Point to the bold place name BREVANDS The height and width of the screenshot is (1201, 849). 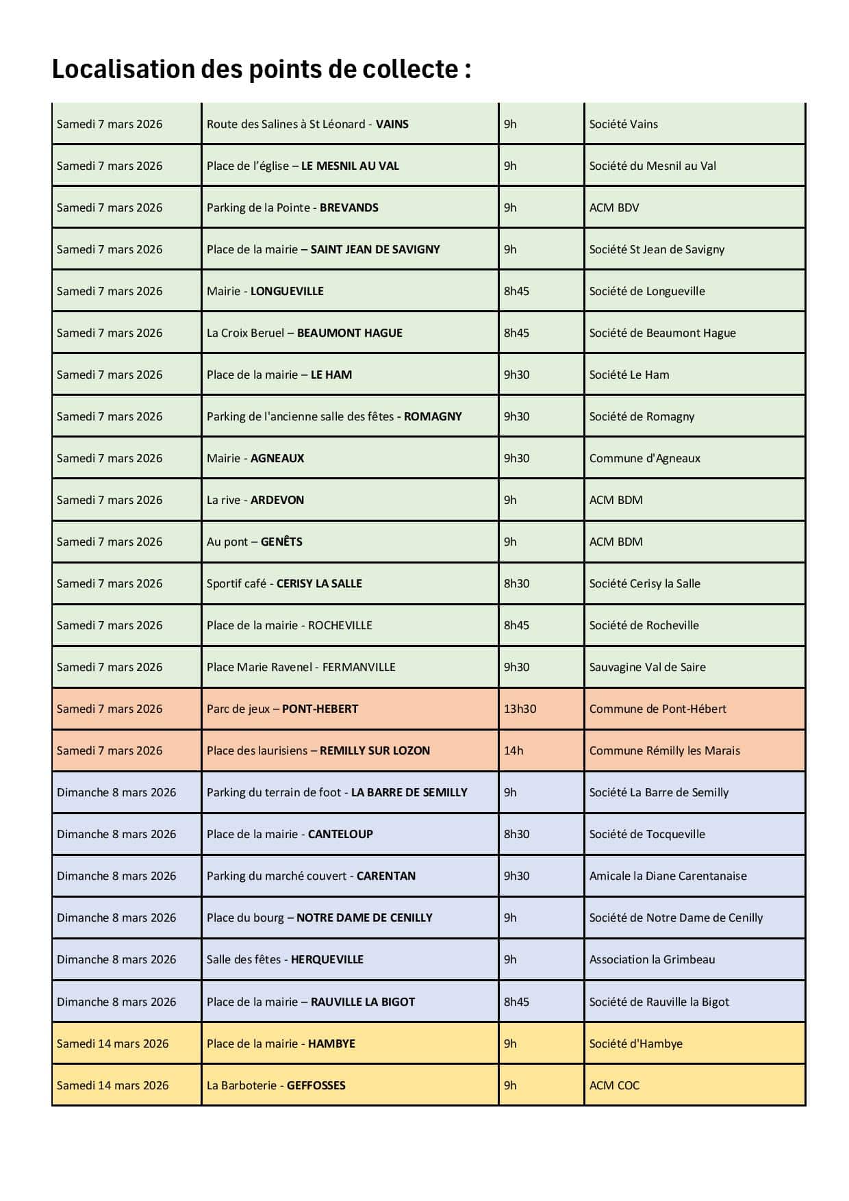[349, 207]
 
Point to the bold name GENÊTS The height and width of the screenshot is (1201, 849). [281, 542]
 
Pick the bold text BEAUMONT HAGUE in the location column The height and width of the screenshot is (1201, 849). [349, 333]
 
